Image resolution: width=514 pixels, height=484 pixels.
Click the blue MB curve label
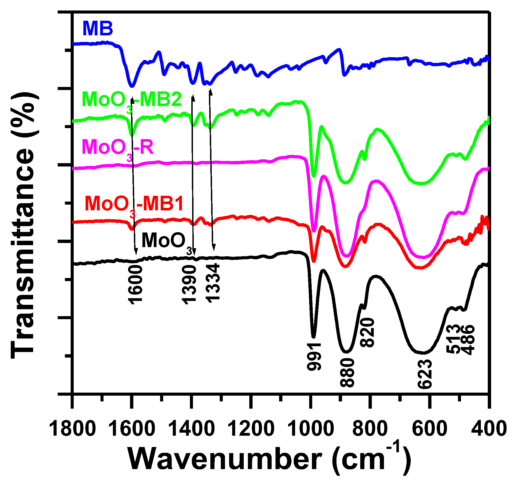[x=98, y=28]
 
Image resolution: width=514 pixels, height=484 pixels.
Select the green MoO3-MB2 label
[x=132, y=100]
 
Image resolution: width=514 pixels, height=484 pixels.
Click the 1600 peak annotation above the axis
[x=135, y=284]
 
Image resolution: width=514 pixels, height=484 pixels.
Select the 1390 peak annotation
[x=189, y=284]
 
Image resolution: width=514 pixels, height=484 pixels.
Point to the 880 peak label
[x=347, y=373]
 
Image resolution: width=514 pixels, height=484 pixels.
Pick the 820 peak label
[x=367, y=332]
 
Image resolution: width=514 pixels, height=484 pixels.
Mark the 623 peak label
[x=425, y=374]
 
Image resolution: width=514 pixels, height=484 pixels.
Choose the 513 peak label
[x=454, y=339]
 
